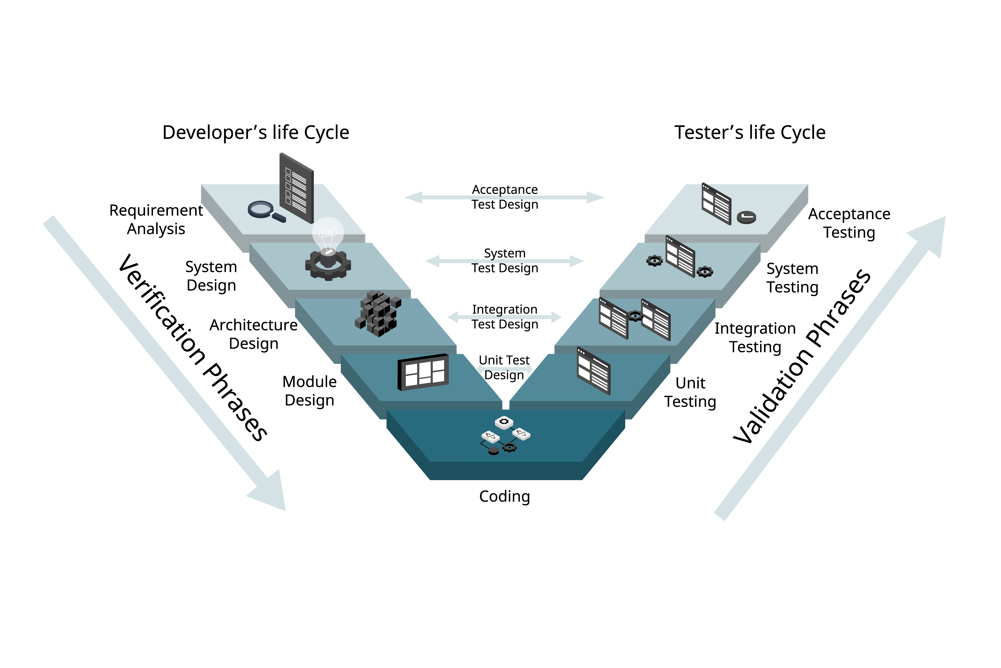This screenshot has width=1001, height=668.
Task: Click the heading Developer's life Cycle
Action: click(x=256, y=132)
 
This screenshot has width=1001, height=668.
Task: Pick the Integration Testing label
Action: click(x=755, y=337)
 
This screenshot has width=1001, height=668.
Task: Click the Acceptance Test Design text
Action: click(x=505, y=197)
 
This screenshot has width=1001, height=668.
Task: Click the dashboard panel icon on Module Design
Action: click(x=423, y=372)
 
